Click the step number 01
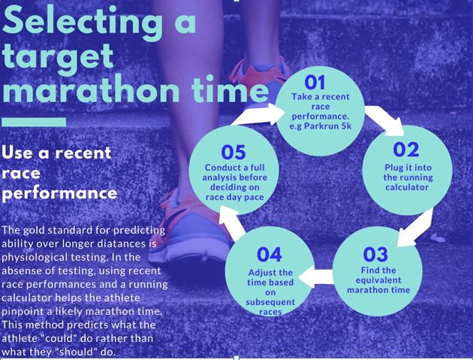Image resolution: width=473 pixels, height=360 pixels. click(x=315, y=83)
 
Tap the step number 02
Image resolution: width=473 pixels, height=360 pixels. click(x=406, y=150)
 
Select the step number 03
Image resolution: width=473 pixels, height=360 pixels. click(x=375, y=255)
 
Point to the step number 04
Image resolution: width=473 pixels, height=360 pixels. click(x=269, y=255)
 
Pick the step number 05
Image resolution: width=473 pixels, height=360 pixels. click(x=233, y=153)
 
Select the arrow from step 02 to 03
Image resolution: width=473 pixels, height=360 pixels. click(x=414, y=227)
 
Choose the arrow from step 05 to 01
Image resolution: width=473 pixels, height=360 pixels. click(x=258, y=116)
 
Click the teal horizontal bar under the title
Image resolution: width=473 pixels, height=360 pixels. click(x=34, y=122)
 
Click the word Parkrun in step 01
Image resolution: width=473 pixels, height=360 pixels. click(x=322, y=126)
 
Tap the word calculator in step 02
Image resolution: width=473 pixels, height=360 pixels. click(x=407, y=187)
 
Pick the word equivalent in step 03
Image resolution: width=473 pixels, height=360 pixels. click(x=378, y=280)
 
